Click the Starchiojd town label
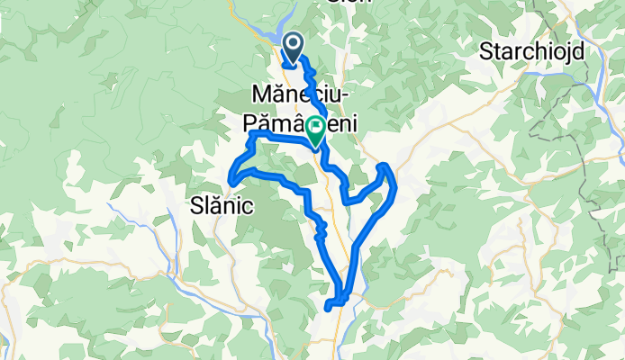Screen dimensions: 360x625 point(532,50)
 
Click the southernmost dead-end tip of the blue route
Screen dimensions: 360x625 point(327,308)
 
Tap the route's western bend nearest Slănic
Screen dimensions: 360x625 point(232,183)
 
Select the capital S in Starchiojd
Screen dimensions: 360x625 point(487,50)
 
